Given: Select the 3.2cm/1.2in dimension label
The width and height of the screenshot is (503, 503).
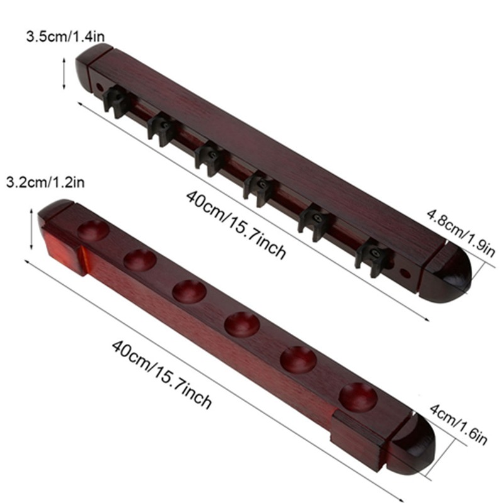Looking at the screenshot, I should click(x=45, y=182).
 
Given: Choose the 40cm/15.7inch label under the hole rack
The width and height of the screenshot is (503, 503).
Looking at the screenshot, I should click(x=162, y=373).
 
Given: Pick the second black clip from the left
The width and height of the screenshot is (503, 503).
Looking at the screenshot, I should click(x=162, y=128).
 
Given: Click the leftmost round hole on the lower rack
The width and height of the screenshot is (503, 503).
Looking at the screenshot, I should click(x=94, y=230).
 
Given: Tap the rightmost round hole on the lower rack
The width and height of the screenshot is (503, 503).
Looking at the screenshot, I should click(x=358, y=397).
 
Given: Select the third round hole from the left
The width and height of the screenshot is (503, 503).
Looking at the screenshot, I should click(x=189, y=290).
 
